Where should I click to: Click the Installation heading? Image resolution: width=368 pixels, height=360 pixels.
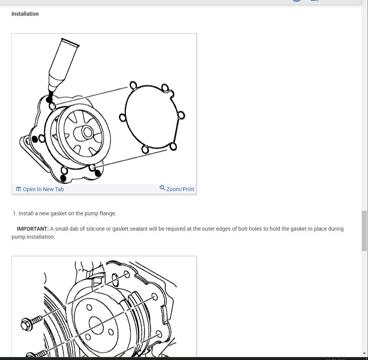pos(25,14)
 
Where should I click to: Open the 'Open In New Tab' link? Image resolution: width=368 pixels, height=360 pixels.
pos(43,189)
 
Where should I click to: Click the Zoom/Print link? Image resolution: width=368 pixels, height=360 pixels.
pos(180,189)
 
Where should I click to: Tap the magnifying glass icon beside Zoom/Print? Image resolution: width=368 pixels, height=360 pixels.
pos(162,188)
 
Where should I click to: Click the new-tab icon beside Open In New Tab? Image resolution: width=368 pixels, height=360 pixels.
pos(18,189)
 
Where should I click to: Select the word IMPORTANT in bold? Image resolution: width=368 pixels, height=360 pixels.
pos(33,229)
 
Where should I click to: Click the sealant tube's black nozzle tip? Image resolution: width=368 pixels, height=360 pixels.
pos(50,96)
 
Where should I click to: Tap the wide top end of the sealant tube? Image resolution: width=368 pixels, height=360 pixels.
pos(70,42)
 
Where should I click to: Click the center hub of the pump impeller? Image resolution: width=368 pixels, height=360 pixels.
pos(87,132)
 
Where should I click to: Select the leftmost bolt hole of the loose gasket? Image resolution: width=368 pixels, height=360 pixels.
pos(122,117)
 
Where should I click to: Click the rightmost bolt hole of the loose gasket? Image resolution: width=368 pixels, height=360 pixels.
pos(181,115)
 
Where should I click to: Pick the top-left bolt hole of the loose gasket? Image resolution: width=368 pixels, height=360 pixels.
pos(133,85)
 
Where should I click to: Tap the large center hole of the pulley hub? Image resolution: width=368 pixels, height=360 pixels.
pos(97,325)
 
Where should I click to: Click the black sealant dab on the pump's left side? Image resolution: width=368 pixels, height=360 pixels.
pos(35,139)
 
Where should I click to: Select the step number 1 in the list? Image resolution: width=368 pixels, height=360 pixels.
pos(15,213)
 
